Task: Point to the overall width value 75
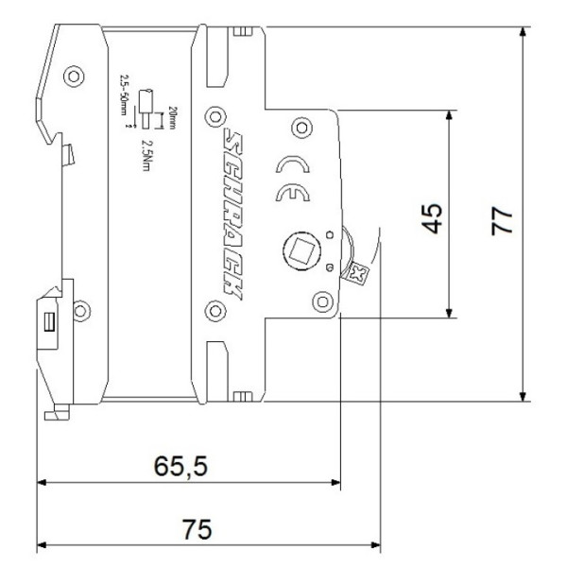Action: [x=196, y=529]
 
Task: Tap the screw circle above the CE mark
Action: [x=302, y=126]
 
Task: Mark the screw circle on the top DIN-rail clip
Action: [x=70, y=75]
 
